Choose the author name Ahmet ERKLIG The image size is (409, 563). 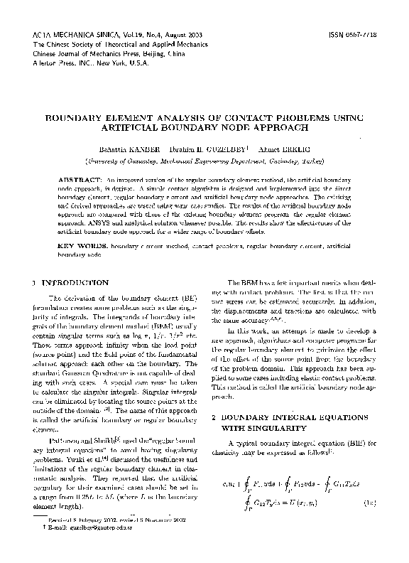point(272,150)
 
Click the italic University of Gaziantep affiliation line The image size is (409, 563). point(204,161)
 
